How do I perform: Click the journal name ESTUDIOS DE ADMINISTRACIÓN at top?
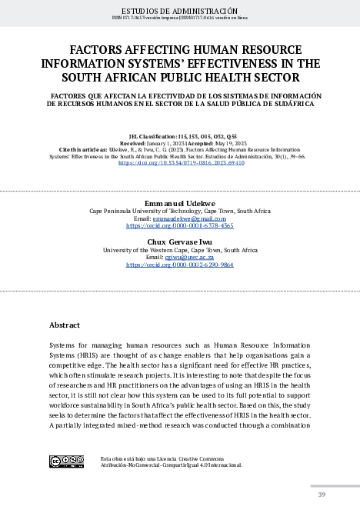tap(180, 10)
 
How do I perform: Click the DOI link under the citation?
tap(180, 164)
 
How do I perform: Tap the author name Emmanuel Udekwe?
tap(180, 202)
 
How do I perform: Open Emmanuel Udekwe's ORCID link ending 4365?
tap(180, 226)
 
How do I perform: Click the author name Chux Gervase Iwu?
tap(180, 242)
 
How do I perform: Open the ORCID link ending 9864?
tap(180, 265)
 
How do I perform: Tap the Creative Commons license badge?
tap(66, 461)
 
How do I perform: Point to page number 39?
tap(322, 494)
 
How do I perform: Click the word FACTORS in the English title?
tap(97, 47)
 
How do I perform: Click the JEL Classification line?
tap(180, 135)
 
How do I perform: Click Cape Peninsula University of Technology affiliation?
tap(180, 210)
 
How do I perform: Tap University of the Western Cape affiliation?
tap(180, 250)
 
